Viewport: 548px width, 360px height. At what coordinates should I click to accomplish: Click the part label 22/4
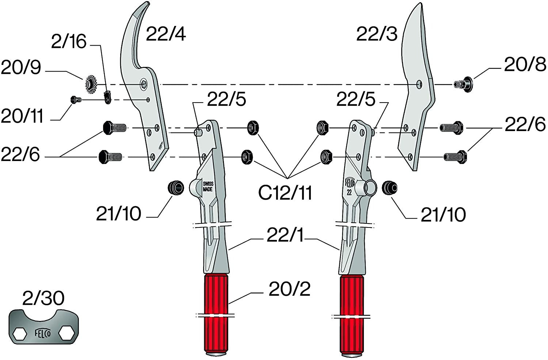click(166, 34)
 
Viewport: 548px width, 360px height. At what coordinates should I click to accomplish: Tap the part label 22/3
click(377, 34)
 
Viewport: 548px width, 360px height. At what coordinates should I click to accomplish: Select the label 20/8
click(525, 65)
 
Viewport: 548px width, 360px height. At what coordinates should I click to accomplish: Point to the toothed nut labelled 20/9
click(91, 85)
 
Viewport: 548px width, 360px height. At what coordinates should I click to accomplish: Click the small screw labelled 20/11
click(75, 100)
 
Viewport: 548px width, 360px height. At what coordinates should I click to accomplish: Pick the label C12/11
click(285, 193)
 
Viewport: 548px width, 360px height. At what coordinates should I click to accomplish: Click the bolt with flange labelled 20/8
click(463, 85)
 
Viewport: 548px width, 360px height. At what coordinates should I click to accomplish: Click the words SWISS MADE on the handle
click(208, 186)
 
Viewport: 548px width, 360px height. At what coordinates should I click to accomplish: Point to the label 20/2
click(290, 289)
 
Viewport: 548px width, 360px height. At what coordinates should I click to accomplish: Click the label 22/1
click(285, 235)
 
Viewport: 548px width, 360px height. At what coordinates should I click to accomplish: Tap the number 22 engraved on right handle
click(349, 192)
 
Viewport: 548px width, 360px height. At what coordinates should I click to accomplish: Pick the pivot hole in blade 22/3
click(419, 84)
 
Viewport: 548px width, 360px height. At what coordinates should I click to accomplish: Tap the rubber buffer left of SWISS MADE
click(176, 188)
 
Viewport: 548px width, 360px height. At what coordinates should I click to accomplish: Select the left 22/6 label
click(20, 154)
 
